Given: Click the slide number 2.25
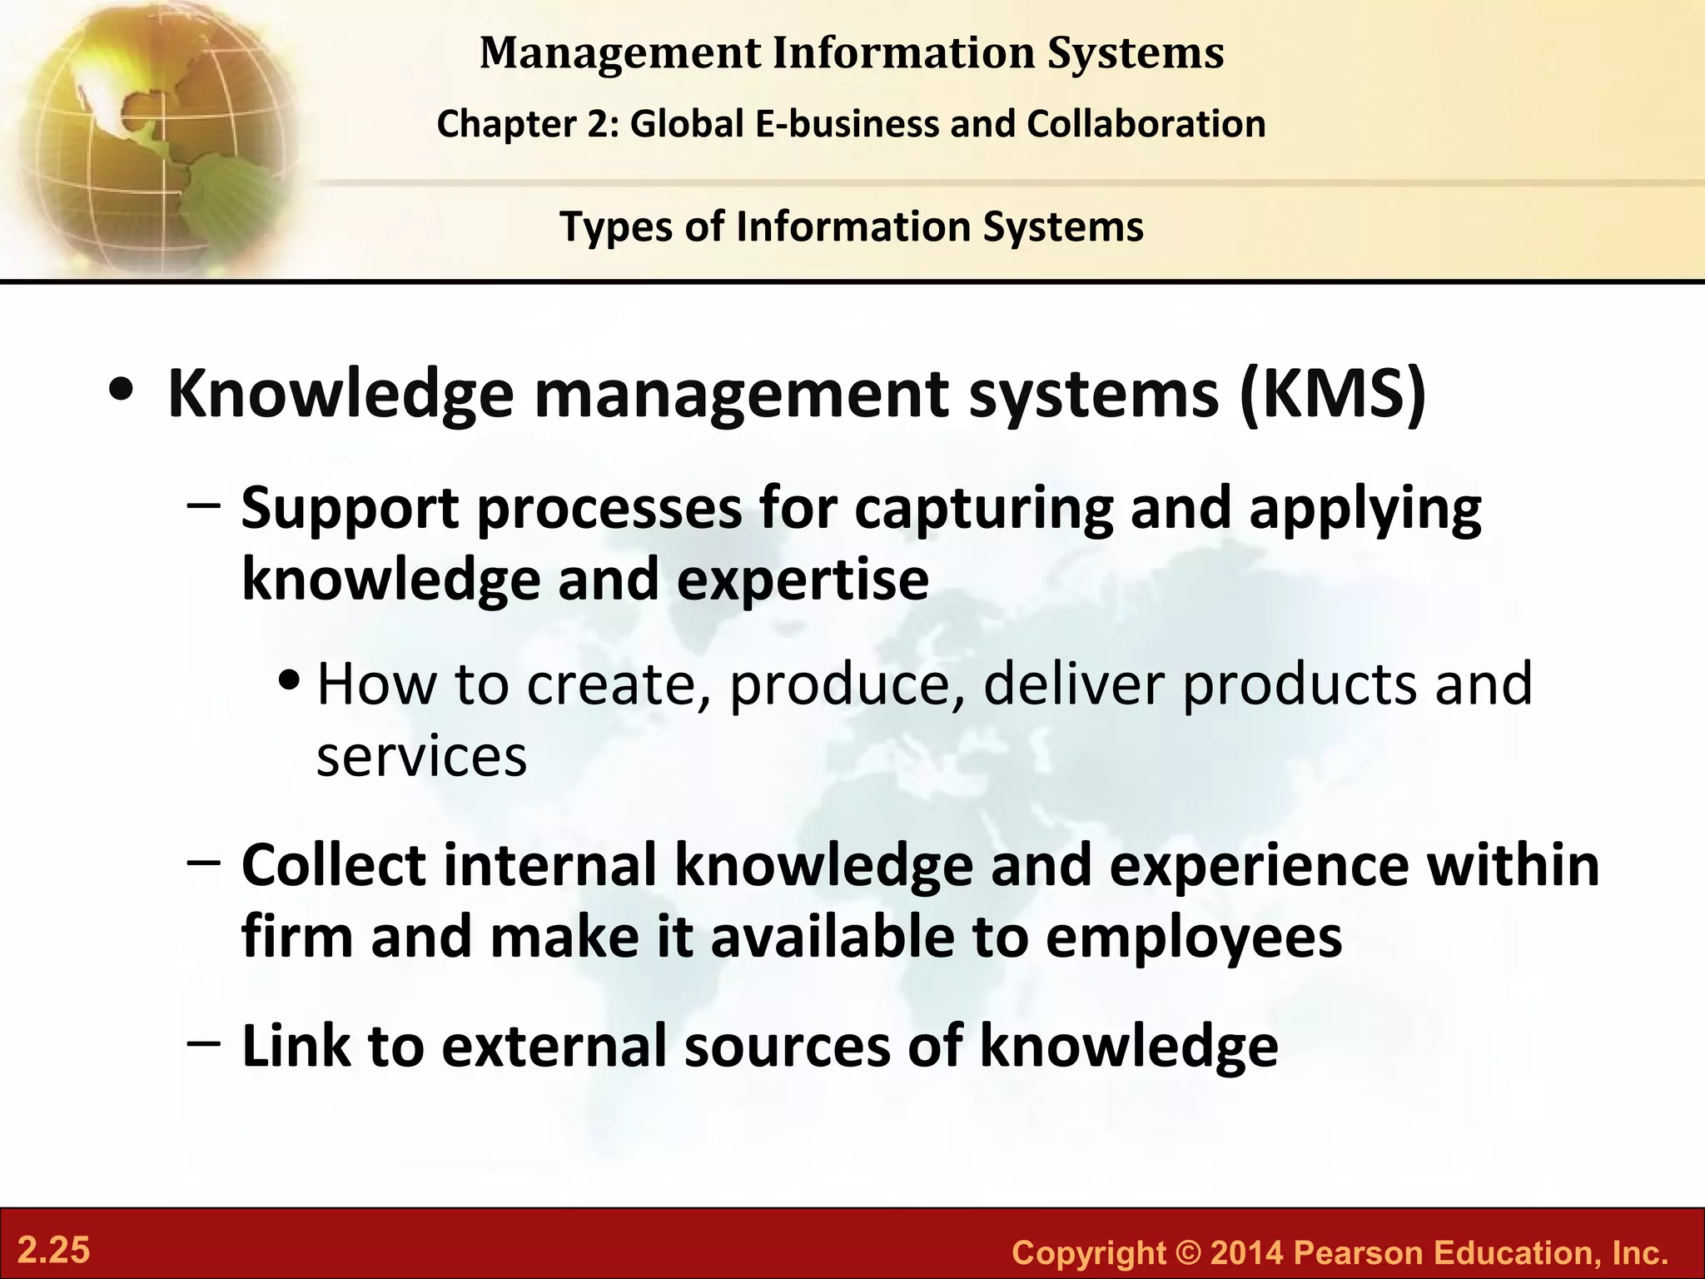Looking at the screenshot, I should [x=53, y=1252].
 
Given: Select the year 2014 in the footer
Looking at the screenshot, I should [x=1247, y=1253].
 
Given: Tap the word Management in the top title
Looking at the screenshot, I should [x=620, y=52].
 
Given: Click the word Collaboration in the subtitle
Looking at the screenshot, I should [x=1146, y=124].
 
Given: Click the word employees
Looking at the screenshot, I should [x=1193, y=937].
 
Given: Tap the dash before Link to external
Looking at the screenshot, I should [x=204, y=1043].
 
